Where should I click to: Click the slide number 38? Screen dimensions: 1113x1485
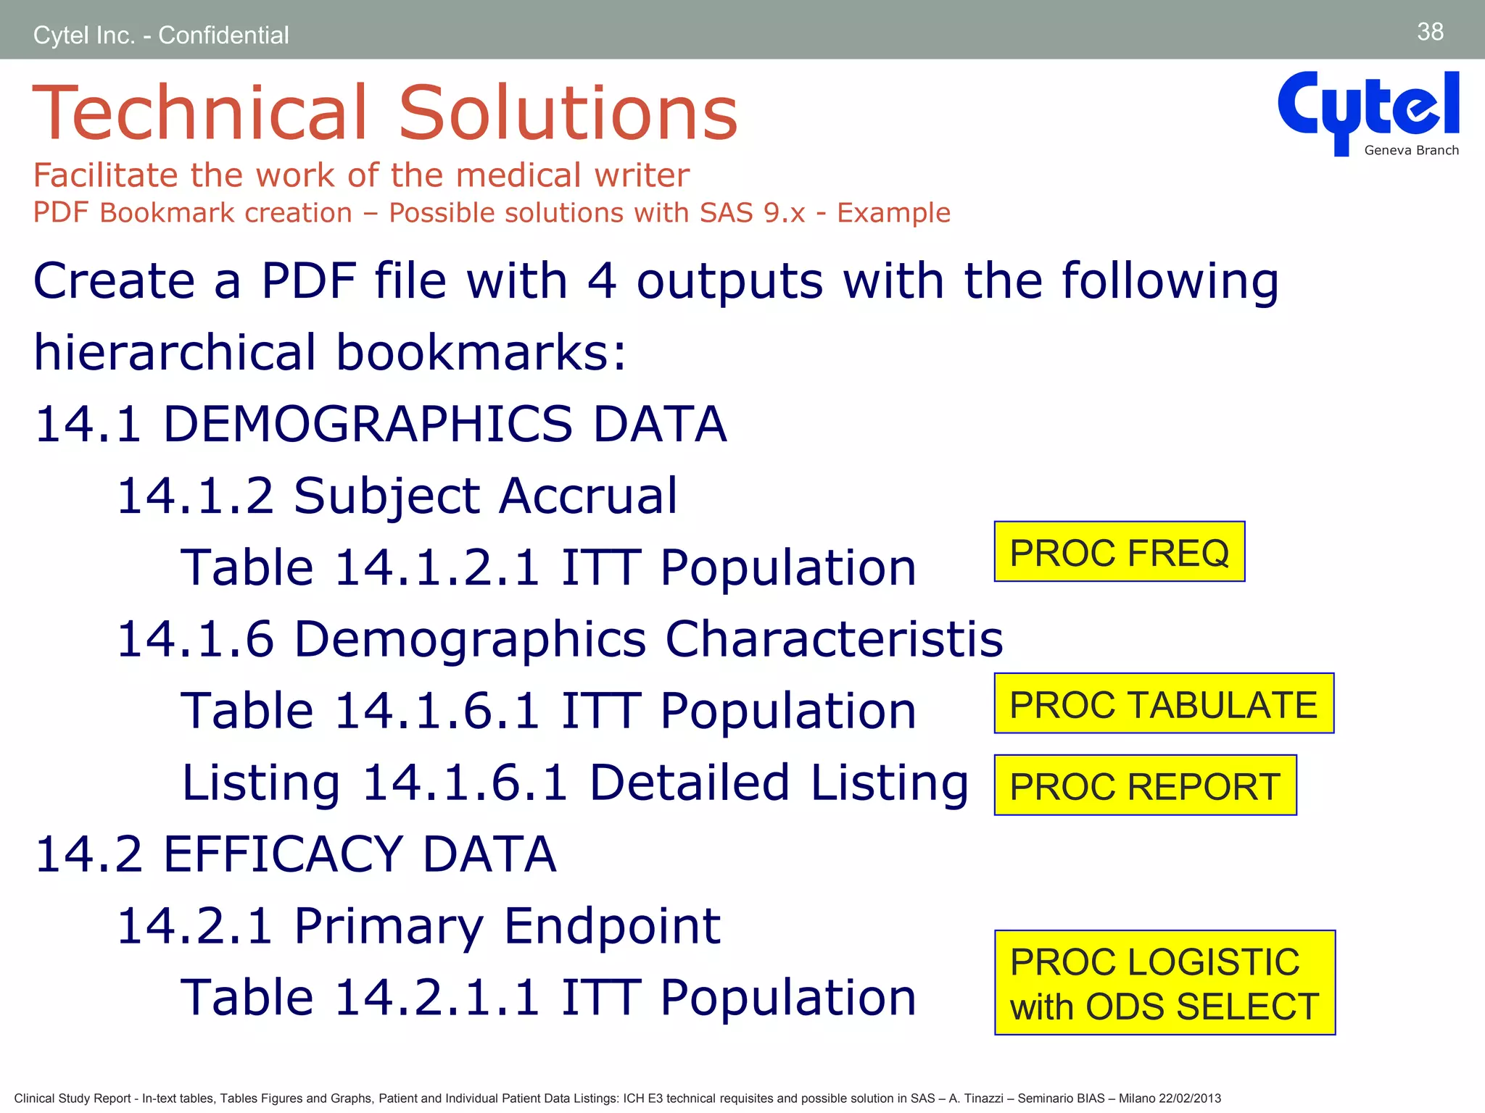1430,32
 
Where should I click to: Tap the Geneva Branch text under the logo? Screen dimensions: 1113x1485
1411,151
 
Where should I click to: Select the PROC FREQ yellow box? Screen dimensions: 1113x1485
1119,552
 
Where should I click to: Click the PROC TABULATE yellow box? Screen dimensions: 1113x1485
1163,704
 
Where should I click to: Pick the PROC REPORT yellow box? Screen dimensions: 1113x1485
1145,785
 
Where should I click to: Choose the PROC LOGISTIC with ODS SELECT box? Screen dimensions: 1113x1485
1164,983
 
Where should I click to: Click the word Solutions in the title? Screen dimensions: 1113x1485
568,113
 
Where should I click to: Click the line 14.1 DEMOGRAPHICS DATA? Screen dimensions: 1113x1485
381,424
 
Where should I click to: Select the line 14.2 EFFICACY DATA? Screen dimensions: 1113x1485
296,854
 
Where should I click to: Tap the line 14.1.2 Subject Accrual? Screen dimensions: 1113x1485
397,496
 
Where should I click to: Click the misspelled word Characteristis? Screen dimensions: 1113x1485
834,639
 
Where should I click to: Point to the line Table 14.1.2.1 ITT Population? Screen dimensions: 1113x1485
548,567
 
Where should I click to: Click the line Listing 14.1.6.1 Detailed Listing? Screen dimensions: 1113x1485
574,783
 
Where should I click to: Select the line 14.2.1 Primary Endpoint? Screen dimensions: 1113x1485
418,926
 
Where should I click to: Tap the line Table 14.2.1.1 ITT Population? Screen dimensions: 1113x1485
548,998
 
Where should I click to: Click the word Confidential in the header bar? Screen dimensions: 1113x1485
223,35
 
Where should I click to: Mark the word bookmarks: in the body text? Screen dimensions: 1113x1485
481,352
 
